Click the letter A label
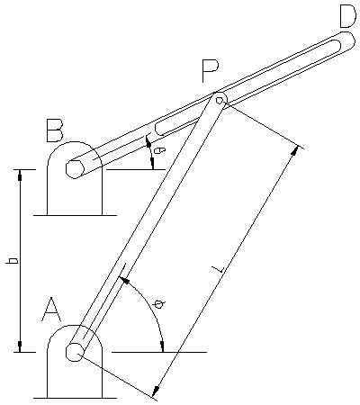coord(51,310)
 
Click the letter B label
coord(55,130)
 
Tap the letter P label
coord(211,71)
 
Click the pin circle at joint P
coord(220,100)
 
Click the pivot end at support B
coord(75,169)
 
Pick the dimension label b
coord(13,260)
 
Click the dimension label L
coord(219,269)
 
